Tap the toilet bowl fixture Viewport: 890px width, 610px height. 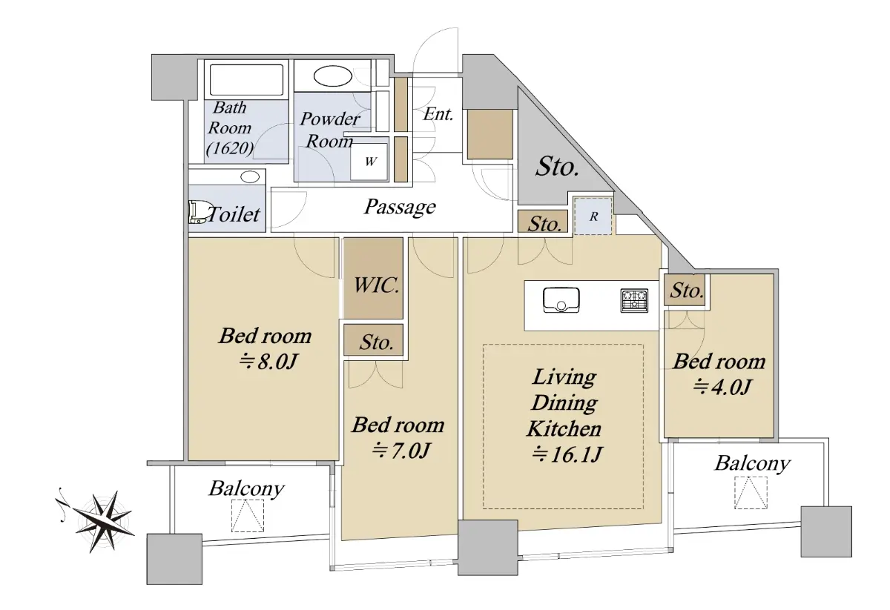tap(198, 212)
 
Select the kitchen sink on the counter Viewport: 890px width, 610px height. tap(561, 300)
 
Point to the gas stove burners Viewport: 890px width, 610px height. tap(634, 301)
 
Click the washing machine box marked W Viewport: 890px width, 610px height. tap(369, 162)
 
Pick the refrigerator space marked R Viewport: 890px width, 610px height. tap(593, 216)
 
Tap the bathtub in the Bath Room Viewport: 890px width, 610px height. tap(246, 80)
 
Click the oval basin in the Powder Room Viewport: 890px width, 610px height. tap(332, 76)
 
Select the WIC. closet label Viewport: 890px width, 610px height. tap(376, 285)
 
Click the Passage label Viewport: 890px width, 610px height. tap(400, 207)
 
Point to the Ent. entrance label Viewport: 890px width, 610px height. tap(438, 114)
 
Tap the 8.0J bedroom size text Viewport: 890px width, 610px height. tap(268, 362)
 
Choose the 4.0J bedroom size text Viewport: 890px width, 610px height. tap(722, 386)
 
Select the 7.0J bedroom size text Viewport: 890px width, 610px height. tap(400, 451)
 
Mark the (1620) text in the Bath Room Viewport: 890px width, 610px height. tap(230, 148)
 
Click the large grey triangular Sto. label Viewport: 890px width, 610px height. tap(557, 167)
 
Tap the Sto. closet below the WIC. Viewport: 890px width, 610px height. tap(374, 340)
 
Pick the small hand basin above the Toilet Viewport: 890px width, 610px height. tap(250, 176)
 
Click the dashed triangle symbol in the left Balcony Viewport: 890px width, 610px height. tap(248, 515)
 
